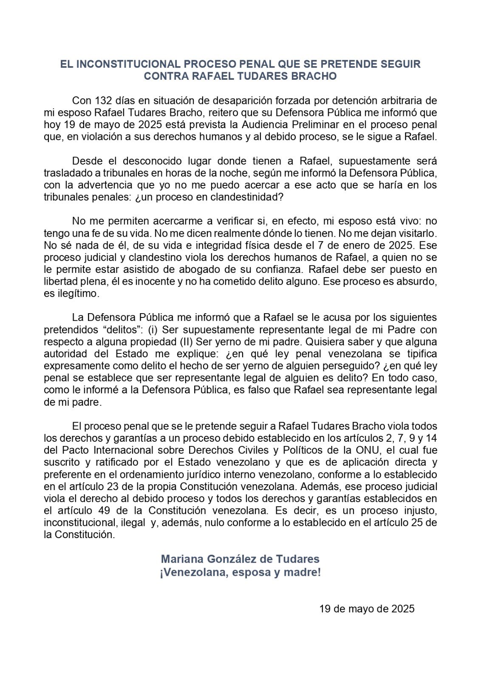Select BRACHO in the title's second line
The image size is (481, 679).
point(315,76)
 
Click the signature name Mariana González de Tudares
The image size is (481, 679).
point(240,559)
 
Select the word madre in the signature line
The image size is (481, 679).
point(304,572)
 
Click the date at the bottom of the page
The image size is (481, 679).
point(367,609)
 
